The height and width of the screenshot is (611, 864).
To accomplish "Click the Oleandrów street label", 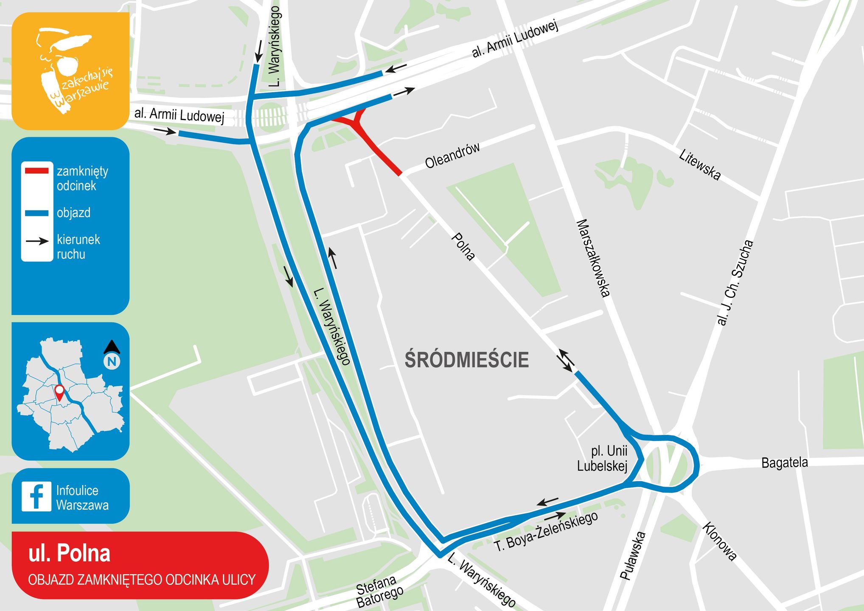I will point(452,155).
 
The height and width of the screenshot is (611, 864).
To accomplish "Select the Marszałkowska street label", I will point(593,258).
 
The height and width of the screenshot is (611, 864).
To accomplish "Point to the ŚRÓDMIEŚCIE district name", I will point(467,360).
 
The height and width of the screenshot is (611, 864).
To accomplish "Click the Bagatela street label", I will point(784,462).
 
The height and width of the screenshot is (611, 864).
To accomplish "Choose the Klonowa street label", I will point(719,541).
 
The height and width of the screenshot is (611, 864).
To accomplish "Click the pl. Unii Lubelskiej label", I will point(603,458).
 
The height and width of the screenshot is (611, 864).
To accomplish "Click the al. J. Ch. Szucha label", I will point(735,283).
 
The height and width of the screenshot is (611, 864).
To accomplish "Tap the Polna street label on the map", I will point(463,246).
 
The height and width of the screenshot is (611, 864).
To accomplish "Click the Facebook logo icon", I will point(36,496).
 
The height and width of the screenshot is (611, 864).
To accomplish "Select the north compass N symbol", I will point(112,361).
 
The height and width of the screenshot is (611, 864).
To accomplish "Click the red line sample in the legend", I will point(36,171).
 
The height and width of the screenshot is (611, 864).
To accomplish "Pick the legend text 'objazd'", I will point(74,213).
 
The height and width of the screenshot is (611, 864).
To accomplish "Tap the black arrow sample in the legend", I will point(37,241).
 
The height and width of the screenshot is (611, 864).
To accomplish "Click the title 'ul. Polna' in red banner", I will point(69,553).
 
